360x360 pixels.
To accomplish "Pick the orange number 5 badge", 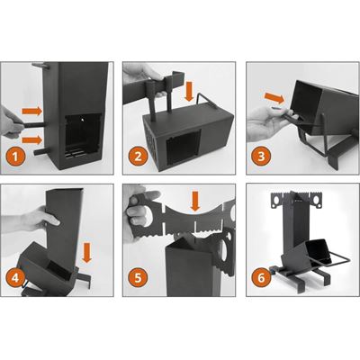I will (137, 278).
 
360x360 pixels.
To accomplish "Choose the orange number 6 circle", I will (258, 278).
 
